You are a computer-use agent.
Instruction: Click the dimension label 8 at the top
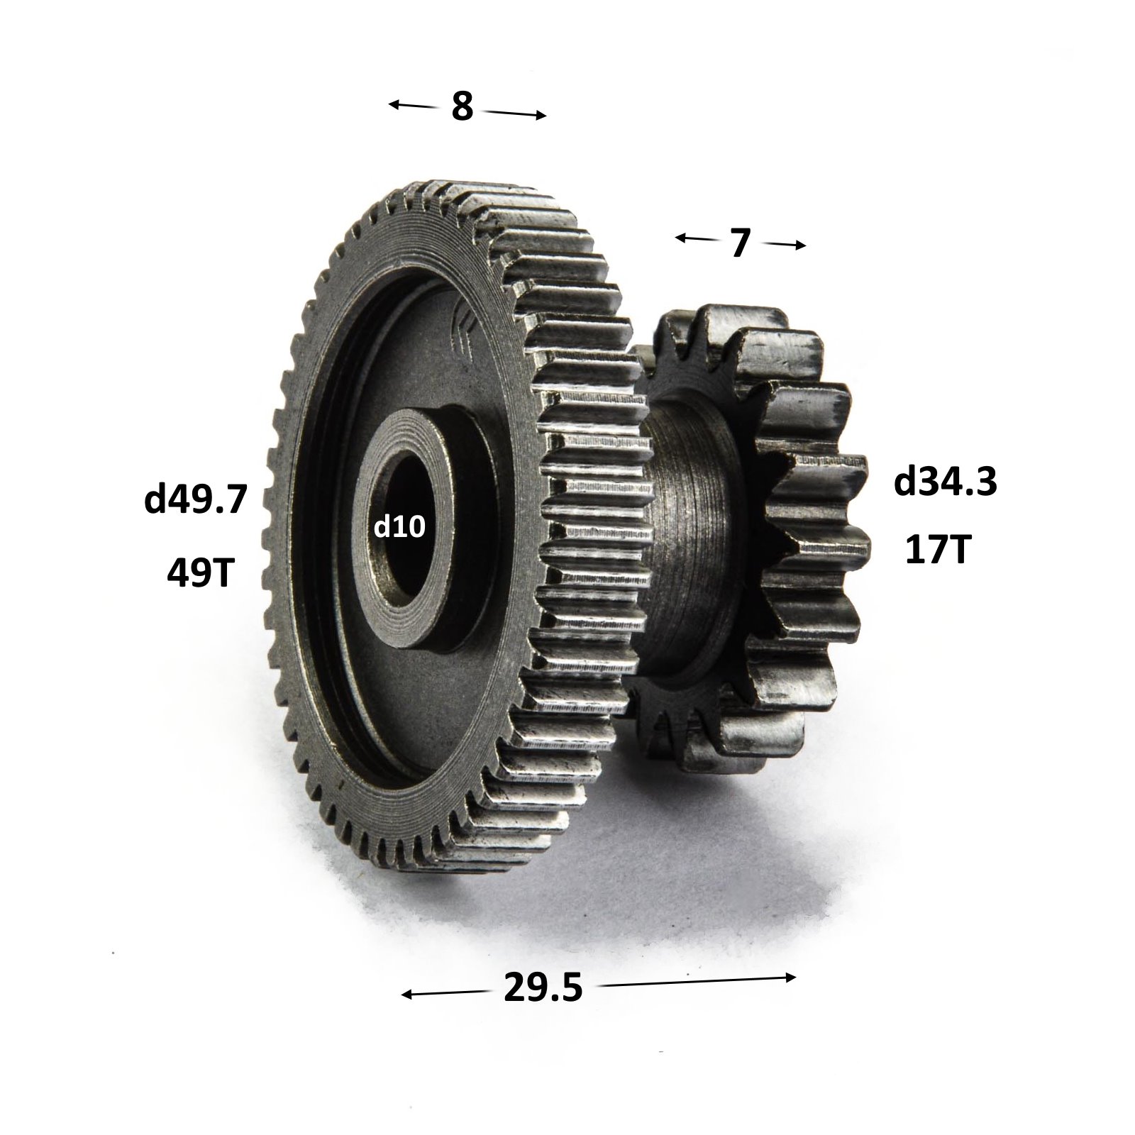click(462, 106)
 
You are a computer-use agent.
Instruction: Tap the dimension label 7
click(739, 244)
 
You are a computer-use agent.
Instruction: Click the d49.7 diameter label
click(195, 500)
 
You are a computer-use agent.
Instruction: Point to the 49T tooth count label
click(200, 572)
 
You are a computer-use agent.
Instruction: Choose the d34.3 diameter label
click(946, 482)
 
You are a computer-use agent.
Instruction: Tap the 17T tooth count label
click(936, 550)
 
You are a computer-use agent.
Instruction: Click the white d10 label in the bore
click(399, 527)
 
